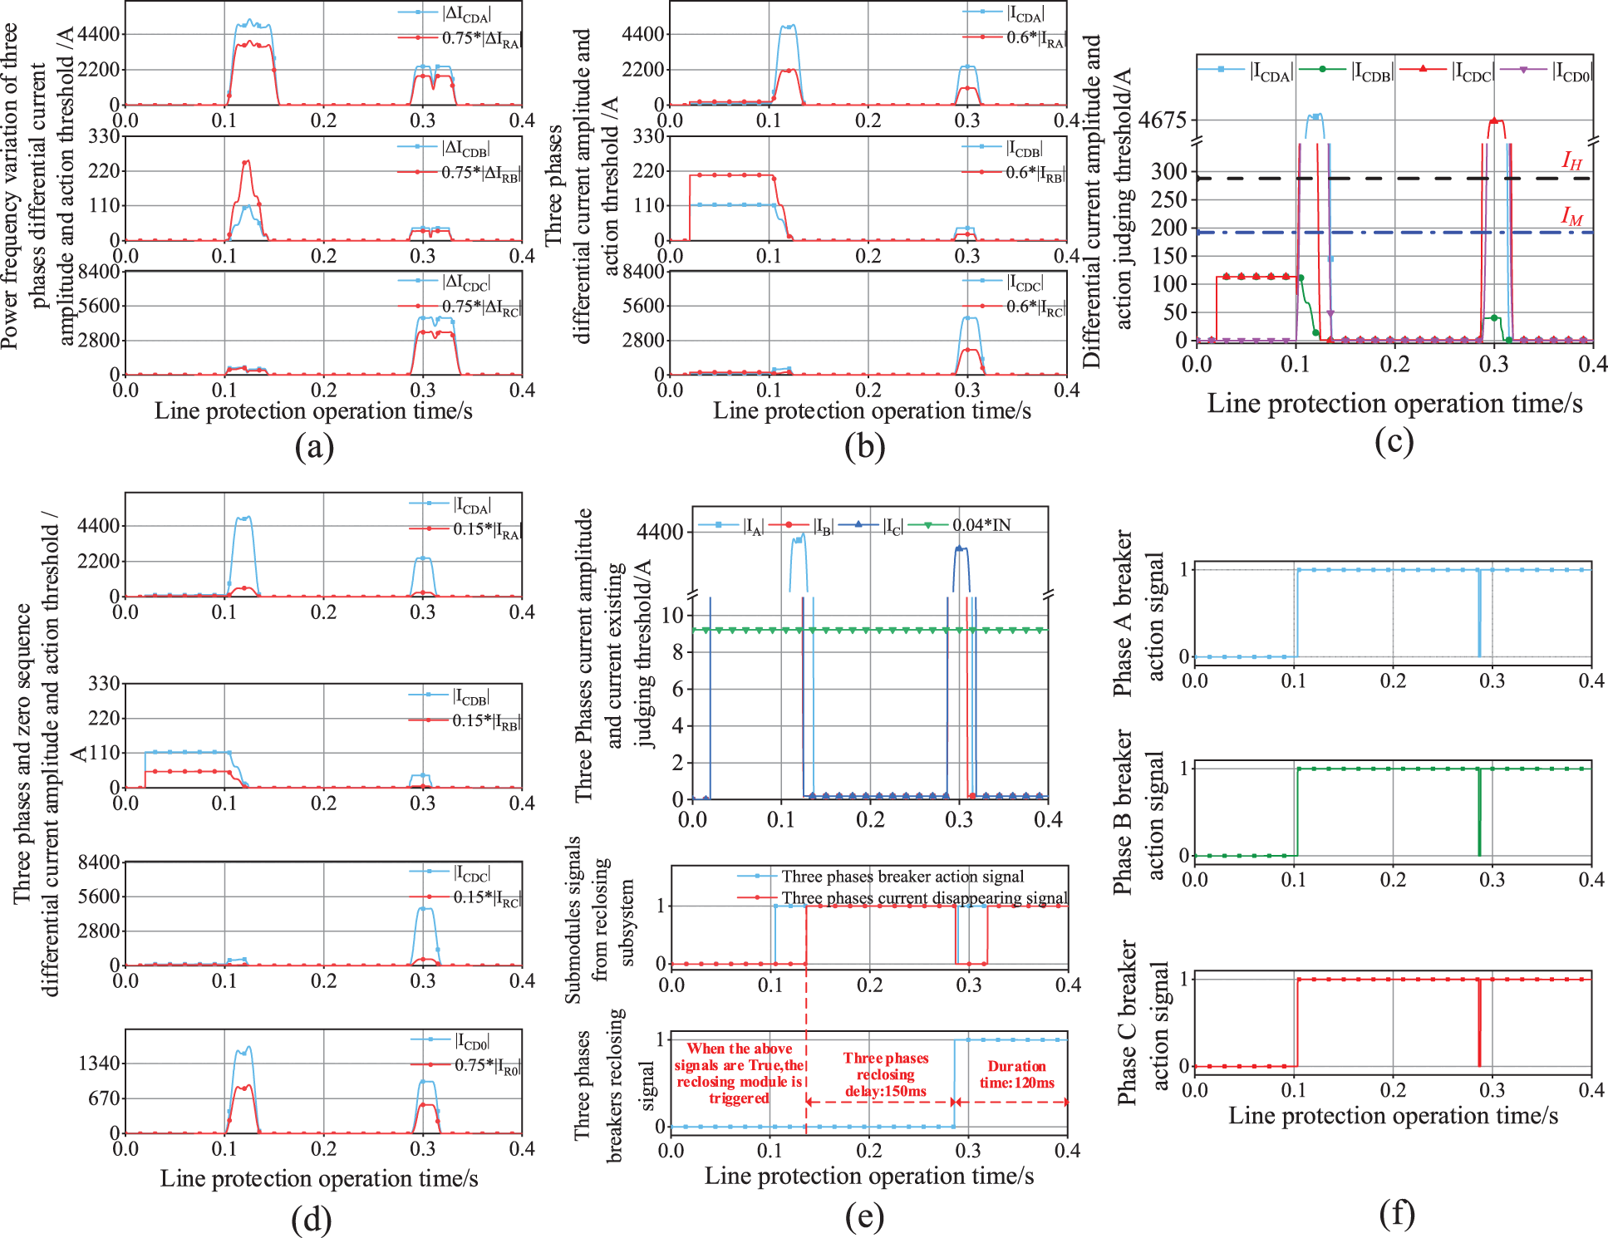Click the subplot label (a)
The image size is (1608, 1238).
(314, 448)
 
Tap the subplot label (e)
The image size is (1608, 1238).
(864, 1216)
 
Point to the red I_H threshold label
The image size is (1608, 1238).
(1571, 161)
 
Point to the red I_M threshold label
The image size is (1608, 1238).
(1571, 217)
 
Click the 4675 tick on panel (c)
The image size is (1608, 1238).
(1162, 120)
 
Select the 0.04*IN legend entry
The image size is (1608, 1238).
(981, 525)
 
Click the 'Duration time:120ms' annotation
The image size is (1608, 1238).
(1016, 1074)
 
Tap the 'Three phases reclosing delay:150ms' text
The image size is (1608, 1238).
(886, 1074)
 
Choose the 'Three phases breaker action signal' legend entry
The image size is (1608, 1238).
(902, 877)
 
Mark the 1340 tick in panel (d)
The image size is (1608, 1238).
(98, 1064)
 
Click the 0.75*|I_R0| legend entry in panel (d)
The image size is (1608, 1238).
(486, 1065)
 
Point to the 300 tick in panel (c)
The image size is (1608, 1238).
(1168, 172)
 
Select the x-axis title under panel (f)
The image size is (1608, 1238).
(1393, 1115)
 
